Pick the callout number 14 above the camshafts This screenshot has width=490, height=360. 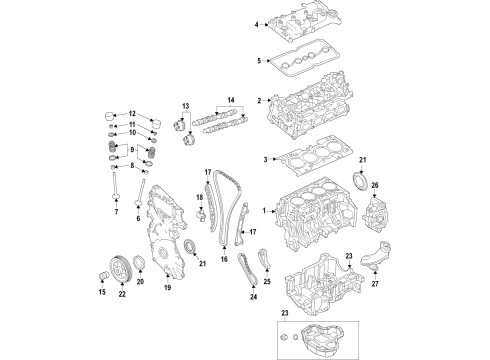[232, 101]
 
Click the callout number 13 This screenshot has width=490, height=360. [186, 105]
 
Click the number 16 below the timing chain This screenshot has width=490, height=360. [225, 286]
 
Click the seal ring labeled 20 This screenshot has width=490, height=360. [139, 262]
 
